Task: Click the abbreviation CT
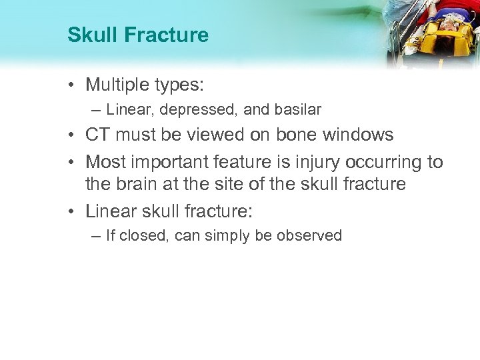click(98, 135)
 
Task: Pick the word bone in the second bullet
click(305, 135)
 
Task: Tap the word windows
click(361, 135)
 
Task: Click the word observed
click(310, 235)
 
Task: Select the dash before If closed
click(97, 235)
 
